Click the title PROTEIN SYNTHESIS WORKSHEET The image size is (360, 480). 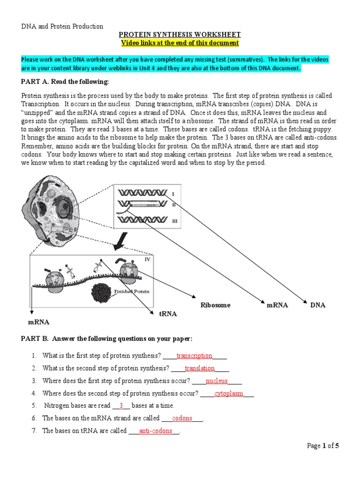pyautogui.click(x=180, y=35)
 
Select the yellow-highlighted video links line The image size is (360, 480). pyautogui.click(x=180, y=43)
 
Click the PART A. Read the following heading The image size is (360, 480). pyautogui.click(x=65, y=82)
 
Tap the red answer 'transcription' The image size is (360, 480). pyautogui.click(x=194, y=356)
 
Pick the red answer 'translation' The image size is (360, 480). pyautogui.click(x=200, y=368)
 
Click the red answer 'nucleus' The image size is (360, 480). pyautogui.click(x=217, y=381)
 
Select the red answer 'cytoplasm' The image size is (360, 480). pyautogui.click(x=229, y=394)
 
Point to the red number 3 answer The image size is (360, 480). pyautogui.click(x=121, y=406)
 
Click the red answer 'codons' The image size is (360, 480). pyautogui.click(x=182, y=418)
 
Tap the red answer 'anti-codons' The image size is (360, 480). pyautogui.click(x=156, y=431)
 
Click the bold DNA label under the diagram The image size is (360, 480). pyautogui.click(x=317, y=305)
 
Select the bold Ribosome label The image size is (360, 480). pyautogui.click(x=216, y=305)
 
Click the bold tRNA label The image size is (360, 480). pyautogui.click(x=168, y=314)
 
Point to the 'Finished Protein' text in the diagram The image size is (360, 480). pyautogui.click(x=132, y=291)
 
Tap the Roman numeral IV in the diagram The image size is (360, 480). pyautogui.click(x=147, y=259)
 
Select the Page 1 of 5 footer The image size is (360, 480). pyautogui.click(x=322, y=446)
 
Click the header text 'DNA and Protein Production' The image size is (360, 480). pyautogui.click(x=62, y=26)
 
